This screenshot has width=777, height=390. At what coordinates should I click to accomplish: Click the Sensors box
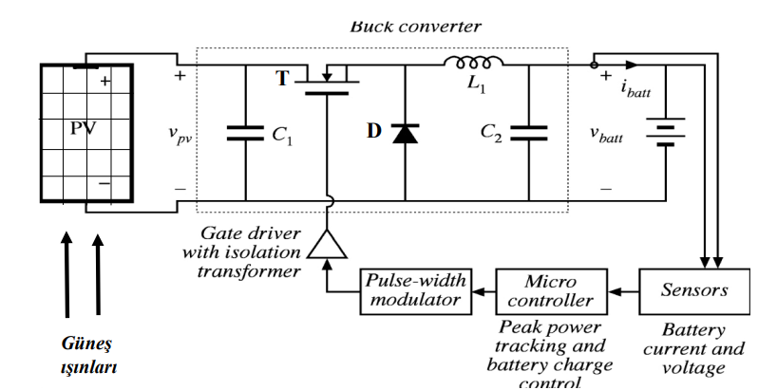[694, 289]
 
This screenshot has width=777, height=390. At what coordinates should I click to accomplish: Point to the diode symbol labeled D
[405, 134]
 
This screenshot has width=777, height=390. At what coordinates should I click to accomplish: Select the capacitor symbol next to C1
[244, 134]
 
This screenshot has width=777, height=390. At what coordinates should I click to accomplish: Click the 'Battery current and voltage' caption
[693, 348]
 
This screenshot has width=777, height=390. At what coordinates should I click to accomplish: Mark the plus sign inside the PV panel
[104, 84]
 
